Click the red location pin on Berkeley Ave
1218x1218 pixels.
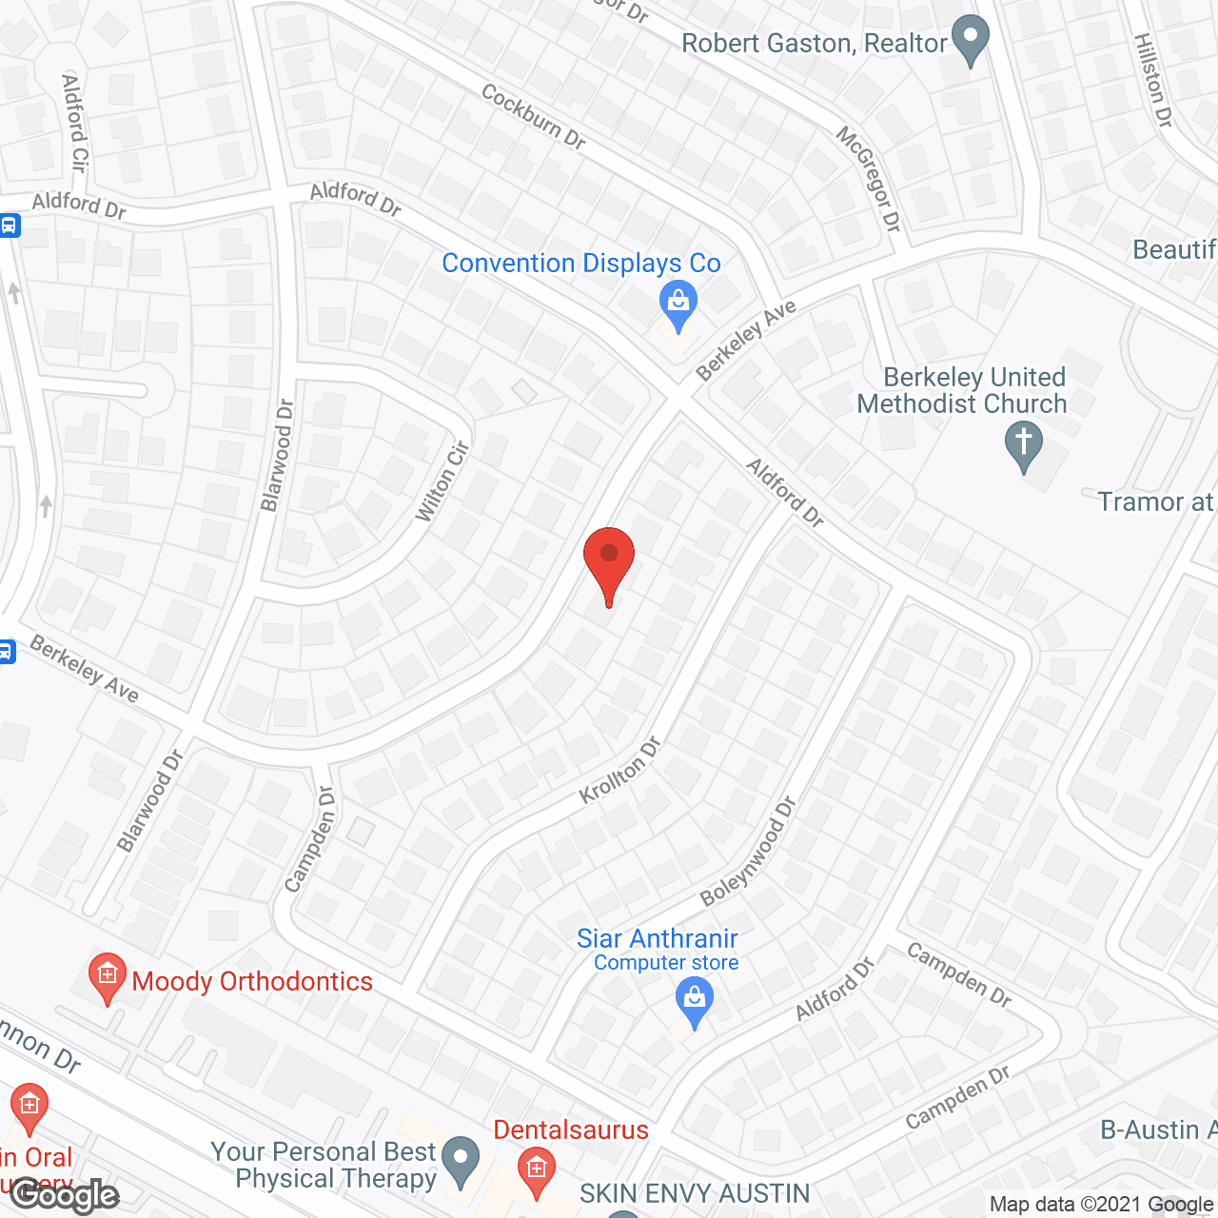[x=609, y=561]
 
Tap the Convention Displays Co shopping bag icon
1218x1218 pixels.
[x=678, y=303]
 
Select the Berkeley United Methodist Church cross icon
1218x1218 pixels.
[x=1024, y=444]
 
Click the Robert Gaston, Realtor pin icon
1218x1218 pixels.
[x=971, y=40]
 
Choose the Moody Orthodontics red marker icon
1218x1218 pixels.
[x=107, y=976]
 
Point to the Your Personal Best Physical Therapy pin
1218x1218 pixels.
[x=462, y=1161]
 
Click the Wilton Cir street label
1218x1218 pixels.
[x=442, y=481]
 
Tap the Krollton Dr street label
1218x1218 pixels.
[x=620, y=770]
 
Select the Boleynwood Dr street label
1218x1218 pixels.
[x=748, y=852]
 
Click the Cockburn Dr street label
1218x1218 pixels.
[x=533, y=116]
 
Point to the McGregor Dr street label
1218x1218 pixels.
[x=868, y=179]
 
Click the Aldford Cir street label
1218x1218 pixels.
[x=74, y=123]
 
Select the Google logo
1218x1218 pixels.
[x=65, y=1195]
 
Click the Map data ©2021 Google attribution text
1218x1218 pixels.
[x=1102, y=1205]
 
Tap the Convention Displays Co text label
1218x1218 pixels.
[x=581, y=264]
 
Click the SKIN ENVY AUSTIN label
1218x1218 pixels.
[x=695, y=1193]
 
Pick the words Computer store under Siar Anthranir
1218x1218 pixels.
[x=666, y=963]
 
